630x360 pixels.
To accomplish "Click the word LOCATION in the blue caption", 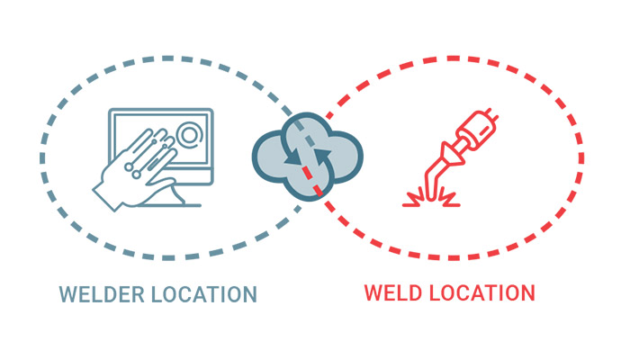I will (x=204, y=294).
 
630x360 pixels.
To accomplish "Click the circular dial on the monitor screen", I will (x=190, y=134).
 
